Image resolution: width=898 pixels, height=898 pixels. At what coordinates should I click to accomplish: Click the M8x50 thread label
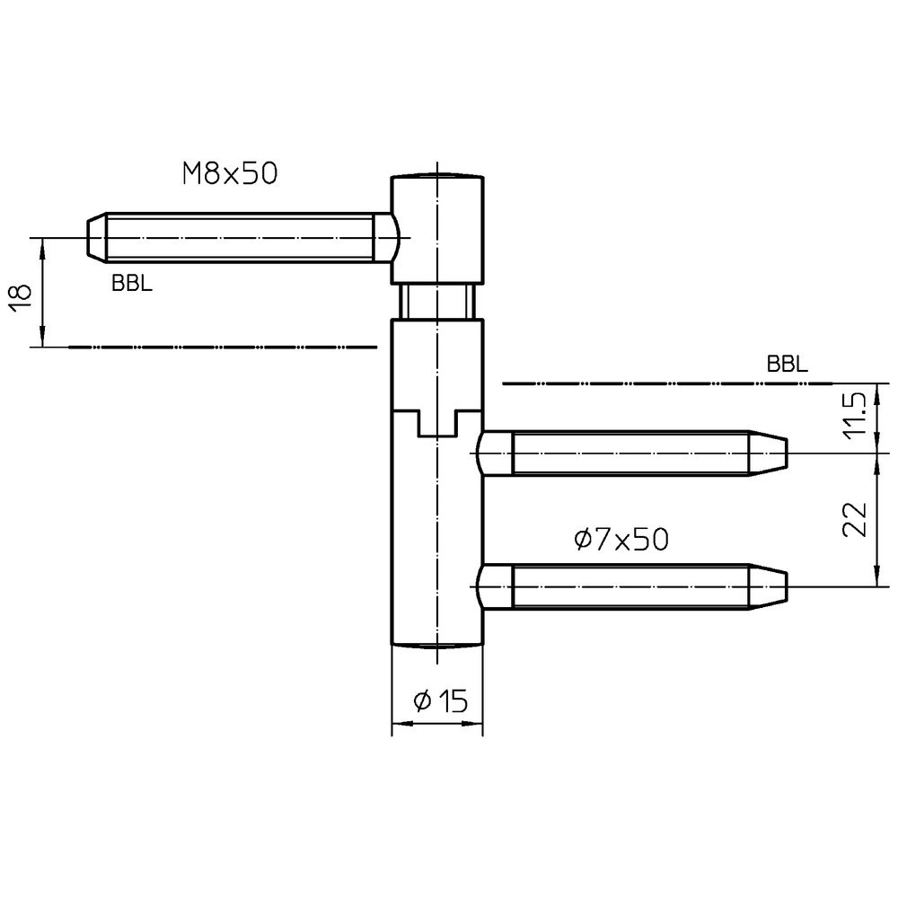(x=229, y=173)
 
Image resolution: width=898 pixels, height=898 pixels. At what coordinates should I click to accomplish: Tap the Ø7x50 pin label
(x=621, y=539)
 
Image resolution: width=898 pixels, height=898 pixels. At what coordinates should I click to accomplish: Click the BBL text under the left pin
(x=131, y=284)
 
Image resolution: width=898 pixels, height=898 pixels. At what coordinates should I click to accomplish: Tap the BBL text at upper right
(x=787, y=365)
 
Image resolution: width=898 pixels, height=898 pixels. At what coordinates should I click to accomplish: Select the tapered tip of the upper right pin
(x=769, y=453)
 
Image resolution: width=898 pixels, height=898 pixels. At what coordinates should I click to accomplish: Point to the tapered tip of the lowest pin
(x=769, y=585)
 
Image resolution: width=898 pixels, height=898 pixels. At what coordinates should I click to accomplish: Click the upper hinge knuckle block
(x=437, y=229)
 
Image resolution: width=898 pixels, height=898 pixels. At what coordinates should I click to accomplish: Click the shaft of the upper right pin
(x=629, y=453)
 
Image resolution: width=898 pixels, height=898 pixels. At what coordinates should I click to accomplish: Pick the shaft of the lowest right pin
(x=629, y=585)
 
